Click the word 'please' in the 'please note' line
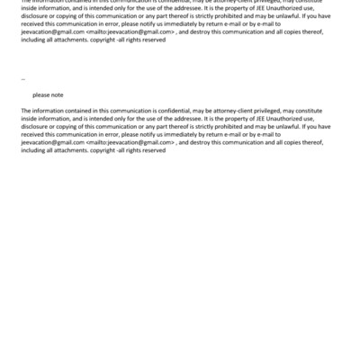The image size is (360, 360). tap(40, 94)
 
